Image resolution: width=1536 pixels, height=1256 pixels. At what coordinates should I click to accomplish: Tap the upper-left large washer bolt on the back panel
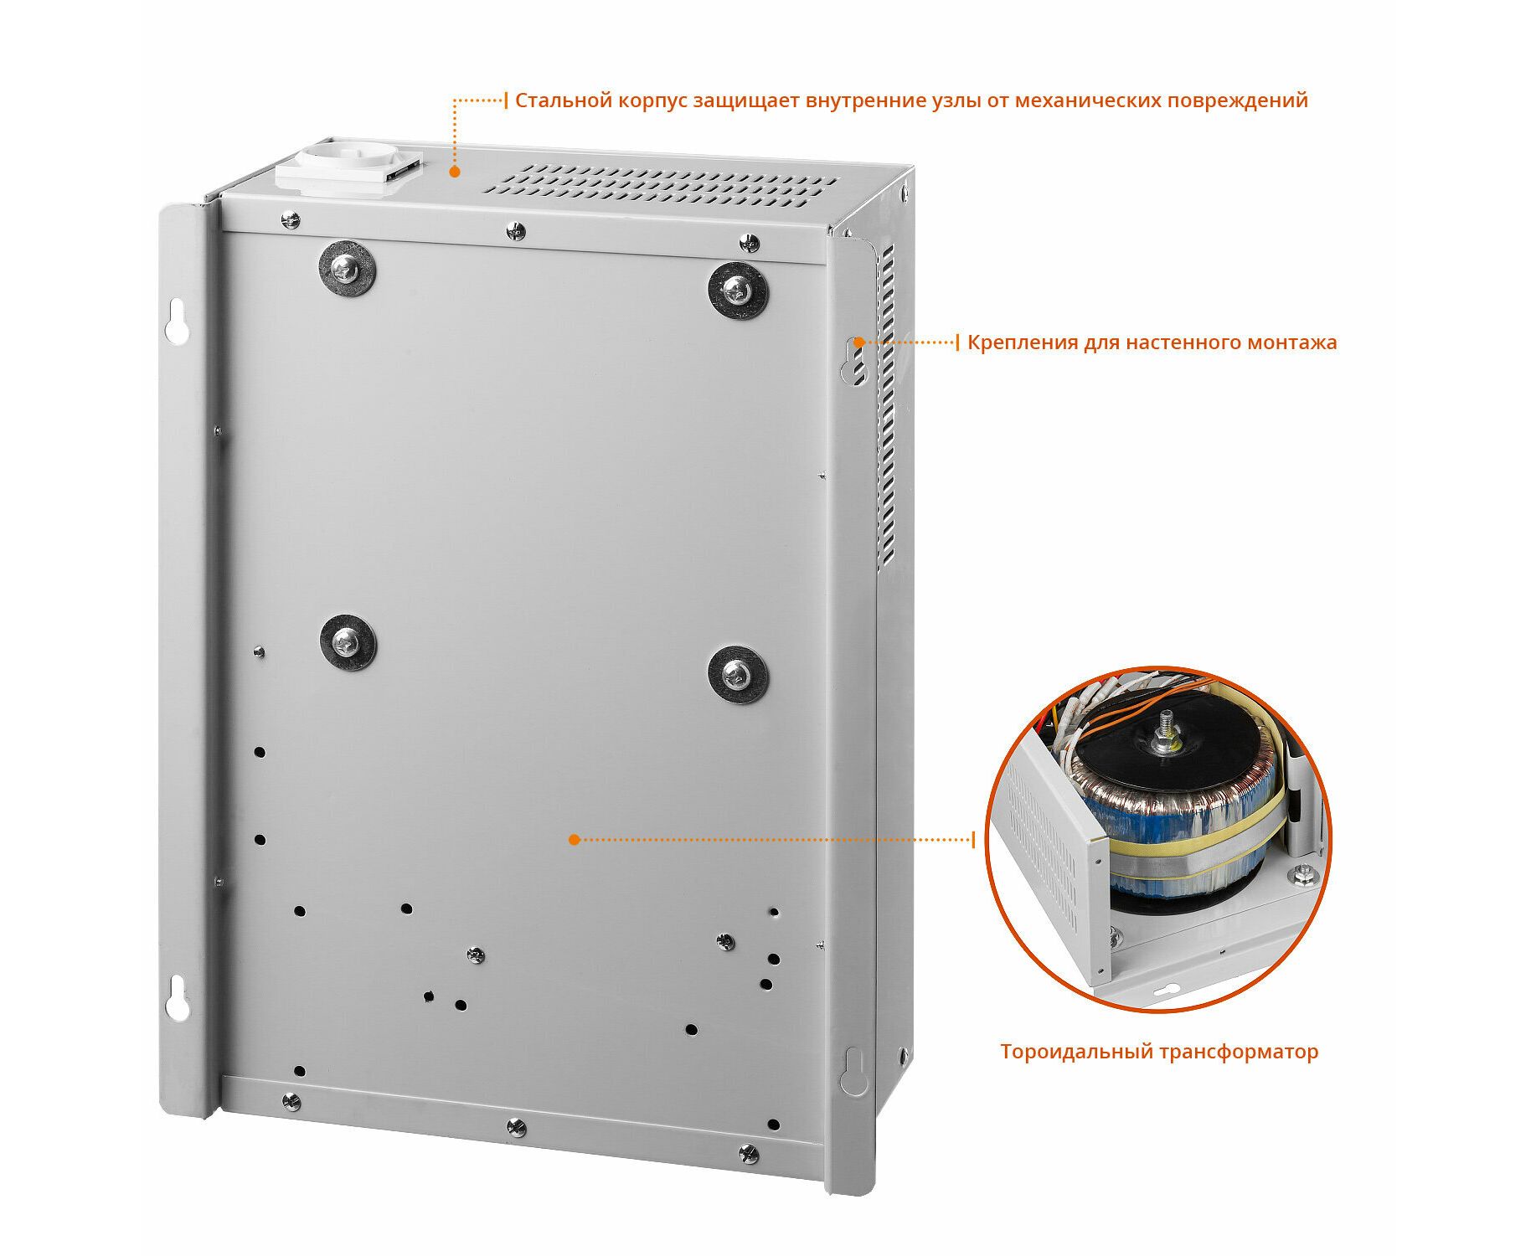tap(346, 269)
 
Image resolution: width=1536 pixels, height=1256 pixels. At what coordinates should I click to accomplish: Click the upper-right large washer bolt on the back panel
tap(738, 291)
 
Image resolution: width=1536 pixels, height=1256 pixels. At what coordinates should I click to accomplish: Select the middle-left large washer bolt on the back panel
tap(348, 642)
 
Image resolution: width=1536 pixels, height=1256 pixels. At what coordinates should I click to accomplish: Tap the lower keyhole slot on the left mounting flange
tap(176, 998)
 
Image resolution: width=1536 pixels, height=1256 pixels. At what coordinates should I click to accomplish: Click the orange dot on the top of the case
tap(455, 172)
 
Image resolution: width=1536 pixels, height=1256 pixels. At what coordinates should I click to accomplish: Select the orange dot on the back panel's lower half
tap(574, 839)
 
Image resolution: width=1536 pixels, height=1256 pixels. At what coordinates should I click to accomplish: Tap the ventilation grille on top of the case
tap(660, 186)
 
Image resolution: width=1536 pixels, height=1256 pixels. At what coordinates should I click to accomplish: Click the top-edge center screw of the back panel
tap(517, 230)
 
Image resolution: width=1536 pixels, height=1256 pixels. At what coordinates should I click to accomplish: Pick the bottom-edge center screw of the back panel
tap(517, 1127)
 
